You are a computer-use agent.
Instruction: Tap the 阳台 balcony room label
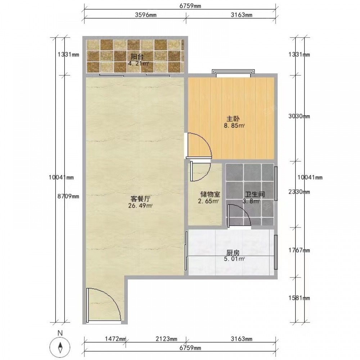[x=137, y=57]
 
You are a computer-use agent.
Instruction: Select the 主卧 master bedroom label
[x=233, y=119]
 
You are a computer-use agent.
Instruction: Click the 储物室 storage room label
[x=210, y=194]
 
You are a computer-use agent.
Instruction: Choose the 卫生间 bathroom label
[x=255, y=194]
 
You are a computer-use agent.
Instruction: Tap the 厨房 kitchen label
[x=233, y=253]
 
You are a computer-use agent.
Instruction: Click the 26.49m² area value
[x=140, y=206]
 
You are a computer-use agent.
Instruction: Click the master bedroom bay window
[x=233, y=72]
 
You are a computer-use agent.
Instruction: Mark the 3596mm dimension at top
[x=145, y=15]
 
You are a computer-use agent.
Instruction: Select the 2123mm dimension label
[x=166, y=339]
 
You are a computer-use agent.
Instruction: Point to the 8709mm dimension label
[x=68, y=196]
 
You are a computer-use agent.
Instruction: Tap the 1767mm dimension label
[x=299, y=250]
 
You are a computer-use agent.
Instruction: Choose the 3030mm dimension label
[x=299, y=116]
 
